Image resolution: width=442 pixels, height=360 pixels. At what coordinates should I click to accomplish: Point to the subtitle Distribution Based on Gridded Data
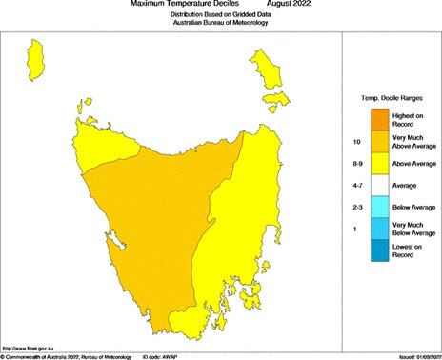pos(220,16)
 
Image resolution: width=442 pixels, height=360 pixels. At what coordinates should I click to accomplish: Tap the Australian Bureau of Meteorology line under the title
pos(220,24)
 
